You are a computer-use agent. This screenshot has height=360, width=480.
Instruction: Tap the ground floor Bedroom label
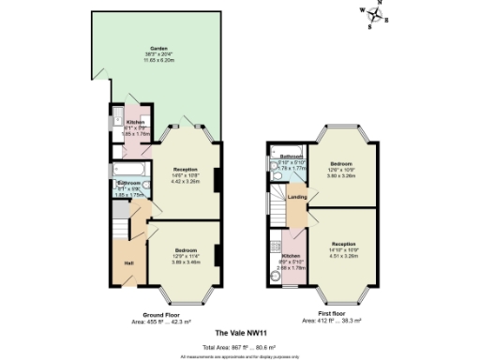pos(186,248)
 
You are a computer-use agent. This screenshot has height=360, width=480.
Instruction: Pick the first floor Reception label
pos(343,244)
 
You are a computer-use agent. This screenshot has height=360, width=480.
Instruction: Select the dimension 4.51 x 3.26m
pos(343,255)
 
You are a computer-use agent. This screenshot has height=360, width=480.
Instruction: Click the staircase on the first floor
pos(278,201)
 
